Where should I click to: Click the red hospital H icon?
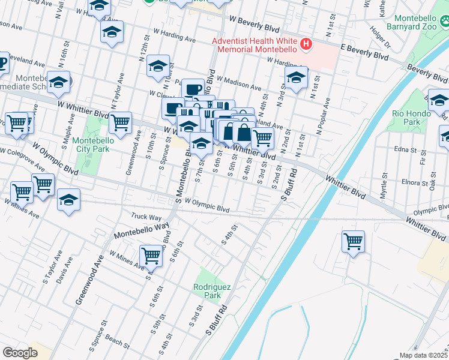click(307, 44)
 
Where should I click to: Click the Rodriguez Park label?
click(208, 291)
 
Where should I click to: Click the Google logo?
click(20, 352)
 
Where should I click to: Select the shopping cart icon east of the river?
click(354, 241)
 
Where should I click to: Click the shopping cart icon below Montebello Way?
click(151, 256)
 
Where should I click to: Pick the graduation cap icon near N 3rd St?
click(296, 78)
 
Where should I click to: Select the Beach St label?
click(117, 343)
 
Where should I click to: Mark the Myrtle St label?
click(384, 184)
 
